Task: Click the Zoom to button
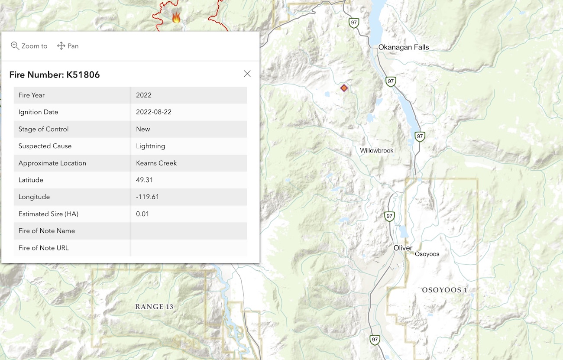pyautogui.click(x=29, y=46)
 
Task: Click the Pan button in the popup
pyautogui.click(x=68, y=46)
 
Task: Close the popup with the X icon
pyautogui.click(x=247, y=74)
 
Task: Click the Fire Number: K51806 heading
pyautogui.click(x=55, y=75)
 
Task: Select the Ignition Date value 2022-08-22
pyautogui.click(x=154, y=112)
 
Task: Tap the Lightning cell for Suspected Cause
pyautogui.click(x=150, y=146)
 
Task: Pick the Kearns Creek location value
pyautogui.click(x=156, y=163)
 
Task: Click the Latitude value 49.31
pyautogui.click(x=144, y=180)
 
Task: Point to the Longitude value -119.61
pyautogui.click(x=147, y=197)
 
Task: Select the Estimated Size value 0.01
pyautogui.click(x=142, y=214)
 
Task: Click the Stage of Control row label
pyautogui.click(x=43, y=129)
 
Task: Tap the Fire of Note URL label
pyautogui.click(x=43, y=248)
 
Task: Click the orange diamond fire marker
pyautogui.click(x=344, y=88)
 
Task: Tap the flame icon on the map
pyautogui.click(x=176, y=18)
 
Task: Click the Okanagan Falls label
pyautogui.click(x=403, y=47)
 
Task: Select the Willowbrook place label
pyautogui.click(x=376, y=151)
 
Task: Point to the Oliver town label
pyautogui.click(x=403, y=248)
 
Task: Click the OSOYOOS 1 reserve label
pyautogui.click(x=444, y=290)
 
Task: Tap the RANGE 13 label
pyautogui.click(x=154, y=307)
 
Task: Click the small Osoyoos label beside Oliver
pyautogui.click(x=427, y=254)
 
